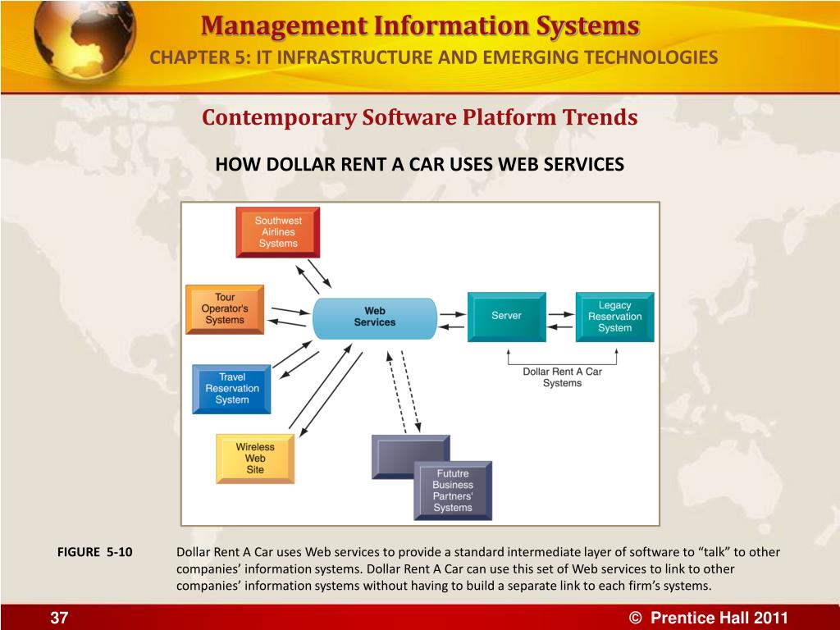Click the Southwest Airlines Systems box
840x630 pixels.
pyautogui.click(x=278, y=232)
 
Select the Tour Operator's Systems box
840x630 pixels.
pyautogui.click(x=225, y=308)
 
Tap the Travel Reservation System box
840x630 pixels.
pyautogui.click(x=232, y=389)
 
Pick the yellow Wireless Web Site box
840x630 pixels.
pyautogui.click(x=255, y=459)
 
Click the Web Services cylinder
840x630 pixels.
pyautogui.click(x=375, y=317)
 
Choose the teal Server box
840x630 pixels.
pyautogui.click(x=506, y=316)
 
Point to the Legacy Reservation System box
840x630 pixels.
pyautogui.click(x=614, y=317)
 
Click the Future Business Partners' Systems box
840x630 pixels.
pyautogui.click(x=453, y=491)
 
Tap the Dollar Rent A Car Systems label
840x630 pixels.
pyautogui.click(x=562, y=377)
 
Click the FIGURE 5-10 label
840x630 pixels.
pyautogui.click(x=95, y=552)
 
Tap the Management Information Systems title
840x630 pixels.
pyautogui.click(x=420, y=26)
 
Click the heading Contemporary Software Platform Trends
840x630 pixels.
pyautogui.click(x=420, y=118)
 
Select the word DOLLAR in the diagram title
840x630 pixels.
pyautogui.click(x=281, y=165)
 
